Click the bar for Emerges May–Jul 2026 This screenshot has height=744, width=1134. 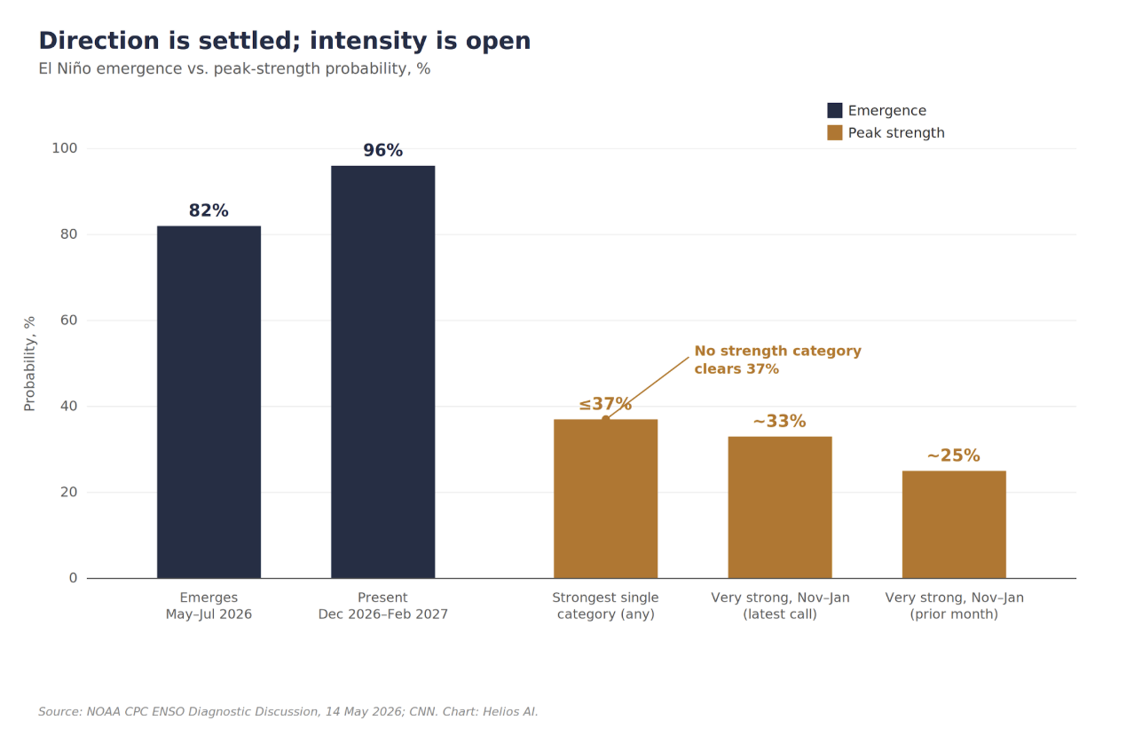(x=209, y=401)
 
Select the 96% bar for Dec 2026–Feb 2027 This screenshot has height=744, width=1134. (x=382, y=372)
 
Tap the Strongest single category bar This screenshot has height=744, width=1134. (x=605, y=498)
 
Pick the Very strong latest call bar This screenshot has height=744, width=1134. (x=780, y=507)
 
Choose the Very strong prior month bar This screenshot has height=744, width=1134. (x=954, y=524)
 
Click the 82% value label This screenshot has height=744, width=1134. (x=209, y=210)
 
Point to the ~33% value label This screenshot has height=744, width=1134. (x=780, y=422)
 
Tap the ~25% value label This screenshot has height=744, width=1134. (x=954, y=455)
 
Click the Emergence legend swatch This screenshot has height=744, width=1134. (x=835, y=110)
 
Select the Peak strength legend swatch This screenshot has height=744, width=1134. (x=835, y=132)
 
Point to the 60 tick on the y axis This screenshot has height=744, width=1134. (x=69, y=321)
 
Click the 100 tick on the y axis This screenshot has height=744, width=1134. (x=65, y=148)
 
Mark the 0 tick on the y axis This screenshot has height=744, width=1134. (x=74, y=578)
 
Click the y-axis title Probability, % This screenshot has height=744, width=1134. (x=30, y=364)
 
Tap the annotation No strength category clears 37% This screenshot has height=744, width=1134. (x=777, y=360)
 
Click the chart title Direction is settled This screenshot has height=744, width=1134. (x=285, y=41)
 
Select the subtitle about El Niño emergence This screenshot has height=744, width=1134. (x=234, y=68)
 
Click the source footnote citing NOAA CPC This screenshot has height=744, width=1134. (x=288, y=711)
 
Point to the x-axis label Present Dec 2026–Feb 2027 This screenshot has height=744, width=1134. (x=382, y=605)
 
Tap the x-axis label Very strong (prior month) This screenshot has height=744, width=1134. (x=954, y=605)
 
